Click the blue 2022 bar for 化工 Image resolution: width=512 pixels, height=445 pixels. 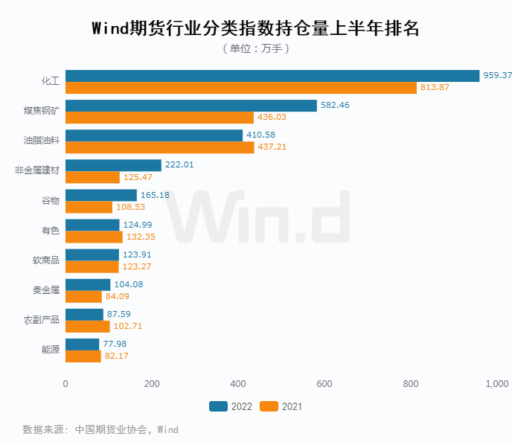pyautogui.click(x=272, y=75)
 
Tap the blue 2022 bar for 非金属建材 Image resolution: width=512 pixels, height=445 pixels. pyautogui.click(x=113, y=165)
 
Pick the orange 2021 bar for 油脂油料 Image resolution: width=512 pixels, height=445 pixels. pyautogui.click(x=159, y=147)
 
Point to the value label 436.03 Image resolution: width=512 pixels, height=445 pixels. pyautogui.click(x=272, y=118)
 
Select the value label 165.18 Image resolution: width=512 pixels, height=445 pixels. pyautogui.click(x=155, y=195)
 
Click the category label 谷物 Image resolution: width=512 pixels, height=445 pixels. pyautogui.click(x=50, y=201)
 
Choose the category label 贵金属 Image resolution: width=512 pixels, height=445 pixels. pyautogui.click(x=46, y=290)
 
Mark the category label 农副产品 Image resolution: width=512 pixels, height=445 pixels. pyautogui.click(x=42, y=320)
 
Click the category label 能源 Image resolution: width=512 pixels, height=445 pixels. pyautogui.click(x=50, y=350)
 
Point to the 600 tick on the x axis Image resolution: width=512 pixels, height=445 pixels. pyautogui.click(x=324, y=384)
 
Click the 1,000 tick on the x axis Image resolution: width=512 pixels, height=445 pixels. pyautogui.click(x=496, y=384)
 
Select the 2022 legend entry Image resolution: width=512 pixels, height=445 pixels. pyautogui.click(x=231, y=406)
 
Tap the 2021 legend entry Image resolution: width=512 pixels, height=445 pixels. pyautogui.click(x=281, y=406)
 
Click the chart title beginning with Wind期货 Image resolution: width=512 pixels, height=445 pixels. pyautogui.click(x=255, y=28)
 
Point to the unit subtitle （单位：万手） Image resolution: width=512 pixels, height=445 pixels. pyautogui.click(x=255, y=48)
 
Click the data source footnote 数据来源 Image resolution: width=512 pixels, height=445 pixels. pyautogui.click(x=100, y=429)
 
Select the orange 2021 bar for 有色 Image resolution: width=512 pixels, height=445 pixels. pyautogui.click(x=94, y=237)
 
